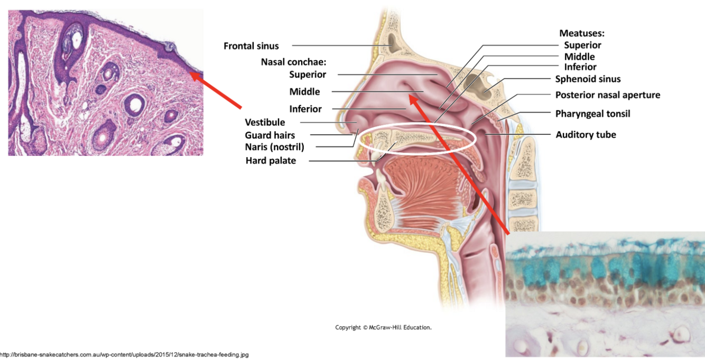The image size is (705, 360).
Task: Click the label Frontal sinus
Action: pyautogui.click(x=251, y=46)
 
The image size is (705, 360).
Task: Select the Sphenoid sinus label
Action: pyautogui.click(x=588, y=79)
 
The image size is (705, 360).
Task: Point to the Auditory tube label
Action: pyautogui.click(x=586, y=135)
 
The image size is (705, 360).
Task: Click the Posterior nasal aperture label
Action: pyautogui.click(x=608, y=95)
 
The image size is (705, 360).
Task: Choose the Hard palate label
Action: pyautogui.click(x=271, y=161)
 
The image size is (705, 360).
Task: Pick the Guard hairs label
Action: pyautogui.click(x=270, y=135)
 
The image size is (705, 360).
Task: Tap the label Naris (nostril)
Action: pyautogui.click(x=274, y=146)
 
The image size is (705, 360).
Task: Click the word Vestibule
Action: pyautogui.click(x=265, y=123)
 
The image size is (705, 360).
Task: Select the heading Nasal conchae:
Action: pyautogui.click(x=293, y=62)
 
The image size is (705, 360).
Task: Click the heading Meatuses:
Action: pyautogui.click(x=582, y=33)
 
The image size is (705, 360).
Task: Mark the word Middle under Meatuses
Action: pyautogui.click(x=579, y=57)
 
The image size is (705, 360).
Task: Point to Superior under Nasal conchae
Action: pyautogui.click(x=308, y=75)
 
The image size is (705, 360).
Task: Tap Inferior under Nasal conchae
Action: pyautogui.click(x=305, y=109)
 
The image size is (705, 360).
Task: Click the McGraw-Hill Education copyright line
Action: pyautogui.click(x=383, y=328)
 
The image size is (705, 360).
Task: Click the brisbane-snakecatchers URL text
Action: pyautogui.click(x=124, y=355)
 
